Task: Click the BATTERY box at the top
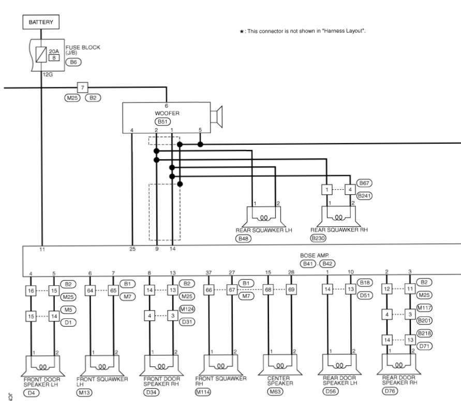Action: (x=41, y=22)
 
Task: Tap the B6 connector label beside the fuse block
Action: (x=73, y=61)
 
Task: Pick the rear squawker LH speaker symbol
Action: (x=263, y=217)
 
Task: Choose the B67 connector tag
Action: (x=365, y=183)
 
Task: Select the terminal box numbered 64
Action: (x=91, y=291)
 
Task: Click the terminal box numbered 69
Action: (x=291, y=290)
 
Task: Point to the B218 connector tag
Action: (x=424, y=333)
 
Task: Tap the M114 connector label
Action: (x=203, y=393)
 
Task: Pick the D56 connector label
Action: (x=331, y=392)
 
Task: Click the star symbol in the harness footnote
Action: (x=241, y=32)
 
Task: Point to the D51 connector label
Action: (x=365, y=296)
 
